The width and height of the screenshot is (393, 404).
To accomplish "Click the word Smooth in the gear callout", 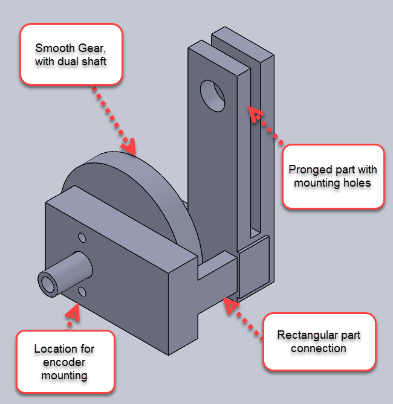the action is (55, 48).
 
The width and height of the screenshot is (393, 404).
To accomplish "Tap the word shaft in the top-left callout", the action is (94, 62).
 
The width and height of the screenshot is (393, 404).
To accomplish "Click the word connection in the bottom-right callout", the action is (319, 348).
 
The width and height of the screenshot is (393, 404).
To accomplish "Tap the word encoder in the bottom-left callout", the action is (64, 362).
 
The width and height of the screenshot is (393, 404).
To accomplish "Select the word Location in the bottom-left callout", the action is (53, 349).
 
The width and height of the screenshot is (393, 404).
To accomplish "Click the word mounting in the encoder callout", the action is (64, 376).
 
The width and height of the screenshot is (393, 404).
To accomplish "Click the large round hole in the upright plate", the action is (212, 96).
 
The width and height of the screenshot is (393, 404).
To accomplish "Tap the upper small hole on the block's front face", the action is (82, 238).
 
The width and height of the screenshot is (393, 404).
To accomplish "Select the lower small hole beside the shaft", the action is (82, 292).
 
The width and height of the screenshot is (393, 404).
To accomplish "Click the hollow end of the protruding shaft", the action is (48, 284).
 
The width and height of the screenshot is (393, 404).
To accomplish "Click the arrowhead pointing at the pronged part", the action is (255, 114).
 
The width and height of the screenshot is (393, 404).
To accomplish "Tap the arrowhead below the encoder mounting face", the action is (73, 313).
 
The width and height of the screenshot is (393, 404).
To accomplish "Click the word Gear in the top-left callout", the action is (91, 48).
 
